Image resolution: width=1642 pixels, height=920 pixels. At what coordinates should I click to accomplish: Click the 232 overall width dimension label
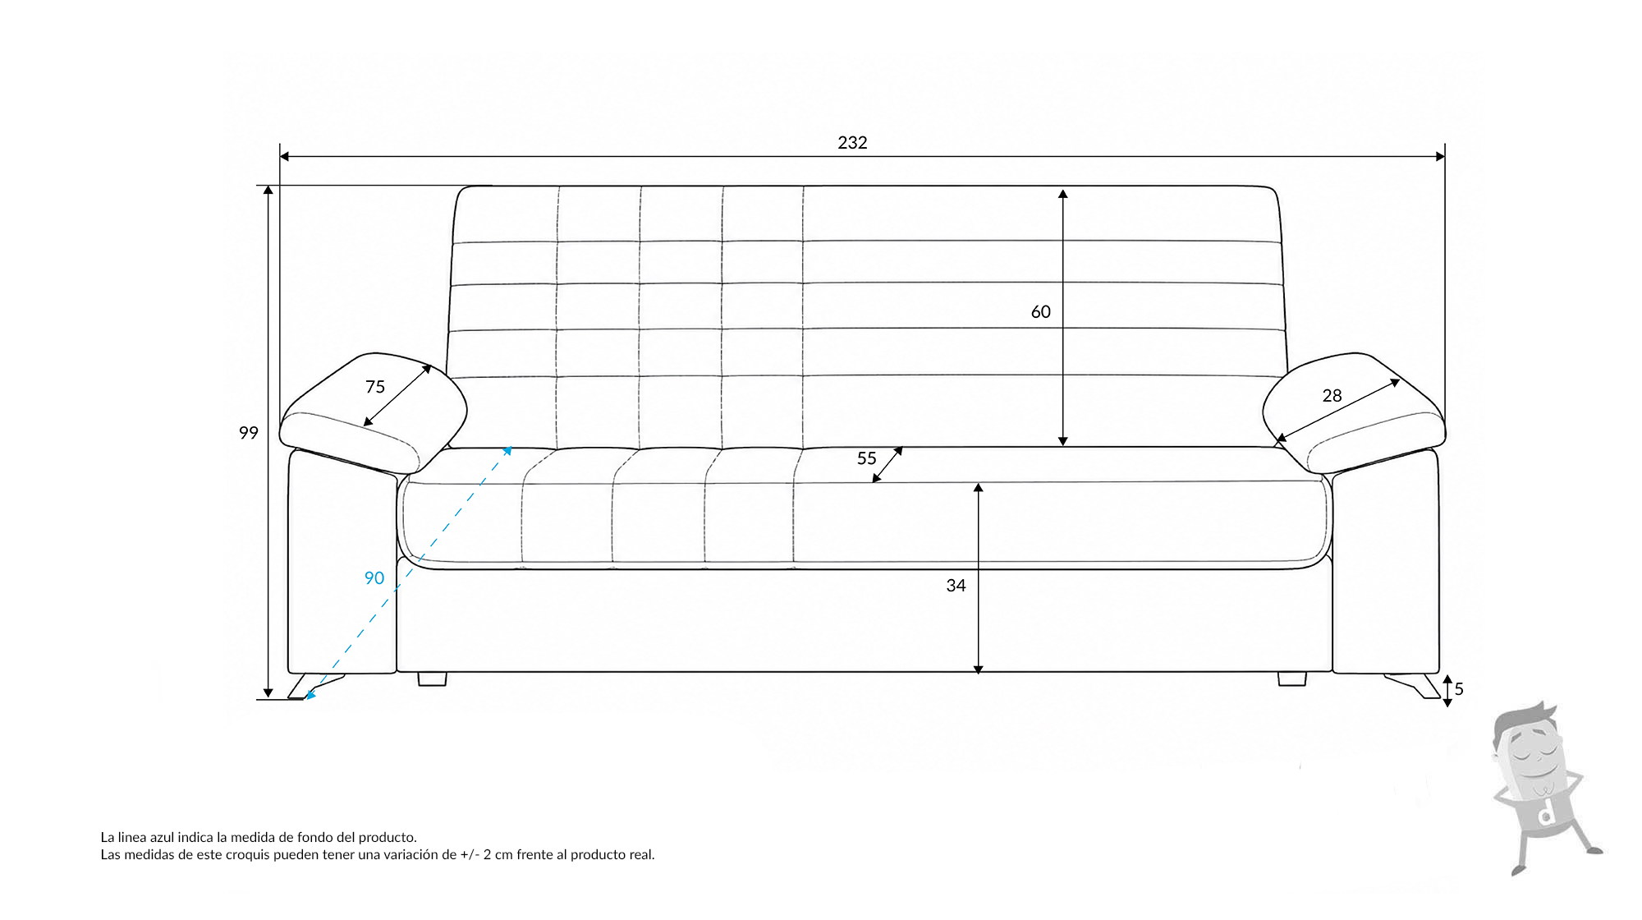pos(852,143)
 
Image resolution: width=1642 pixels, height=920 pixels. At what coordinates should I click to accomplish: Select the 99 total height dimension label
pos(249,433)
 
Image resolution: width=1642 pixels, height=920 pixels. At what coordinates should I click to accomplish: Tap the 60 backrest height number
pos(1040,312)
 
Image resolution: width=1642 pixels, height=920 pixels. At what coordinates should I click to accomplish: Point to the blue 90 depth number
pos(374,578)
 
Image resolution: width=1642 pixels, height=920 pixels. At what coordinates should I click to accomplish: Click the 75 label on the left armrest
pos(375,387)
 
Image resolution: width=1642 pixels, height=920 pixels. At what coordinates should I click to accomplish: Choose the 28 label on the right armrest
pos(1332,396)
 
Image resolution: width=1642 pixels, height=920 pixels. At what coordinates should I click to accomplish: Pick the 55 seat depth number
pos(867,458)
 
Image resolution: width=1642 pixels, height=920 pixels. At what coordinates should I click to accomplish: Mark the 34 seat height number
pos(956,586)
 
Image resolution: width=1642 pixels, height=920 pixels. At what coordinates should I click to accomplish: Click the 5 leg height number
pos(1459,689)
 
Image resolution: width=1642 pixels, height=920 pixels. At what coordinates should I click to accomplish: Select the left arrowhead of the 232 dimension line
pos(284,156)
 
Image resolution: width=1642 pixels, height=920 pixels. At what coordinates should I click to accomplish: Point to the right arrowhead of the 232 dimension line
pos(1440,156)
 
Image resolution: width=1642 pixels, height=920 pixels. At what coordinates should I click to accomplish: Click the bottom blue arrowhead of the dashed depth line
pos(310,695)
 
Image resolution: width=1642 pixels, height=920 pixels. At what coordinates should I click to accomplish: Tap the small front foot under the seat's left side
pos(432,679)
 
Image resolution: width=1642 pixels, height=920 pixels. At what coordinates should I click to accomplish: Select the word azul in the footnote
pos(163,838)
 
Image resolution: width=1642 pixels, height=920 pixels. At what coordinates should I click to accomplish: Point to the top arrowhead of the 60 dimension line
pos(1062,194)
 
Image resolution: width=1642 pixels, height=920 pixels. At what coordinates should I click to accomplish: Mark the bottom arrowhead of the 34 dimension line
pos(978,669)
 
